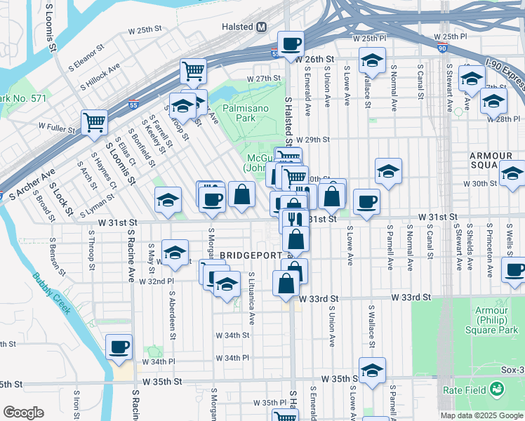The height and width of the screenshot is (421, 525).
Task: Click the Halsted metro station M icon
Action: point(262,27)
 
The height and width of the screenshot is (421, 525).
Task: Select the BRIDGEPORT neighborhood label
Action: point(251,255)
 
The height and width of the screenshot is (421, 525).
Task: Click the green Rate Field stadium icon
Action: point(497,388)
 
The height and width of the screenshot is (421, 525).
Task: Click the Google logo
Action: point(23,413)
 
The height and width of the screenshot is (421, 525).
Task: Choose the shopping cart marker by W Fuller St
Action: point(94,121)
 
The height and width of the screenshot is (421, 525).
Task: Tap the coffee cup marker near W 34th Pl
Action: point(119,346)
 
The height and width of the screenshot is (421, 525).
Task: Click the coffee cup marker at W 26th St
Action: point(291,44)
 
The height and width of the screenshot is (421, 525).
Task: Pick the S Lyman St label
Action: point(97,209)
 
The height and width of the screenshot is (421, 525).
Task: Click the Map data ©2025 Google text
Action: point(481,415)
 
